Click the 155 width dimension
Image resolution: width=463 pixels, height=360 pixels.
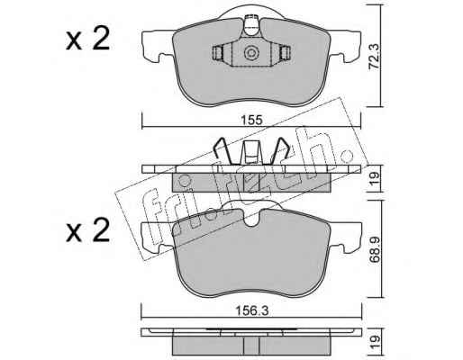[251, 121]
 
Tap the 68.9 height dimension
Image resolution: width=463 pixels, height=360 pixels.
[375, 249]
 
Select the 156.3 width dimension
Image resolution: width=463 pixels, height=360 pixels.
[251, 311]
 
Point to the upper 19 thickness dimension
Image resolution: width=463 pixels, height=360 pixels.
[375, 178]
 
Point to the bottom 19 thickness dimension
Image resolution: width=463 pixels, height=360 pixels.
[375, 341]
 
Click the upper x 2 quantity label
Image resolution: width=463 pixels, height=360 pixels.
[87, 40]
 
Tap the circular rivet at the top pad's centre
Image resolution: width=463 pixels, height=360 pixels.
[251, 53]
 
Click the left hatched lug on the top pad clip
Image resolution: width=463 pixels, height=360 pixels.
[218, 53]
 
